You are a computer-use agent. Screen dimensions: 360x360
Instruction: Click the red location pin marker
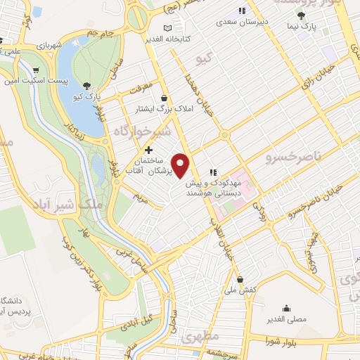181,165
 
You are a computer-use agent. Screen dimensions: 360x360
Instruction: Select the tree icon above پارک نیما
302,15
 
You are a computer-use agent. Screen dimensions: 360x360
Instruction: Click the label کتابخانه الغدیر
164,39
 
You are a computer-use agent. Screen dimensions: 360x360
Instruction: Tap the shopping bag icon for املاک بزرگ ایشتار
164,98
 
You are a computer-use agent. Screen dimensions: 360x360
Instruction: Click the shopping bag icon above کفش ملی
240,278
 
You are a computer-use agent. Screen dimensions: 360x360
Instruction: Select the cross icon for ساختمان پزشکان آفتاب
148,150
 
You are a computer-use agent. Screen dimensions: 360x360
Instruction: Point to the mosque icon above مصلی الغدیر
286,308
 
